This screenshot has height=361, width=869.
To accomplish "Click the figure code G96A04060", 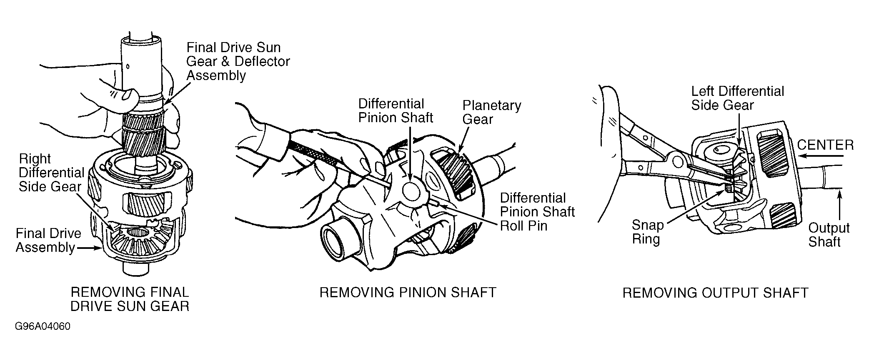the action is pyautogui.click(x=43, y=326).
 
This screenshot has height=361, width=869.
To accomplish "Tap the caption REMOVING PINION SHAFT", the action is pyautogui.click(x=408, y=293).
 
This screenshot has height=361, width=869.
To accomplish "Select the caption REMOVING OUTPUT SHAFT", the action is pyautogui.click(x=715, y=293).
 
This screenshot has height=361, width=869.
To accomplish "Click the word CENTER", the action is pyautogui.click(x=825, y=145).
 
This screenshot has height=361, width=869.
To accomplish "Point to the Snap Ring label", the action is pyautogui.click(x=647, y=232).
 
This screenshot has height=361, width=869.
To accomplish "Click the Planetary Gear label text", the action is pyautogui.click(x=492, y=112).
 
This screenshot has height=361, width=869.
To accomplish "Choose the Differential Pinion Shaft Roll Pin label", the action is pyautogui.click(x=537, y=211).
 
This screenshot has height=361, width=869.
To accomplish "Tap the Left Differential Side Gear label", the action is pyautogui.click(x=737, y=98).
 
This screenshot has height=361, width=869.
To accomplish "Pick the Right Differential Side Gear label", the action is pyautogui.click(x=51, y=173).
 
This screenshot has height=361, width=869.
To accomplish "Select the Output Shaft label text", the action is pyautogui.click(x=829, y=235).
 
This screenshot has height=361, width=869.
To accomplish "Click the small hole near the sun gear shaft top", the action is pyautogui.click(x=128, y=65).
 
